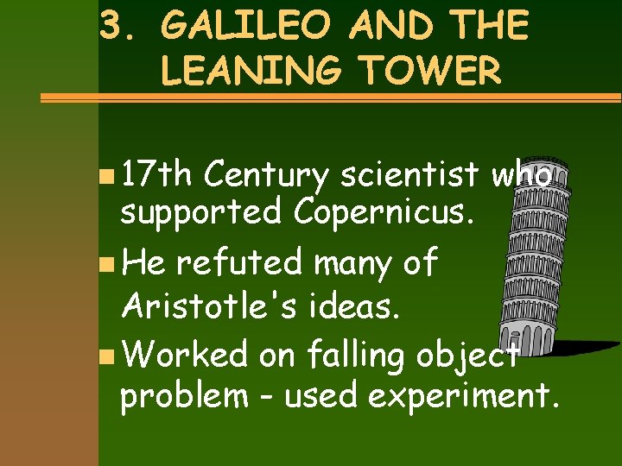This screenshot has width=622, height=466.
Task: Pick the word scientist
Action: [x=410, y=175]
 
